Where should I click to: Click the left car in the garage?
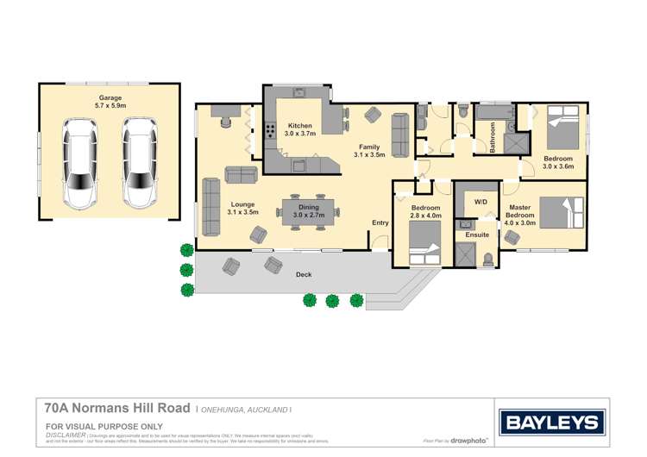pyautogui.click(x=79, y=164)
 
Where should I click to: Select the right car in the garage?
pyautogui.click(x=138, y=164)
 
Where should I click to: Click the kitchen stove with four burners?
pyautogui.click(x=271, y=131)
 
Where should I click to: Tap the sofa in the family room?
pyautogui.click(x=399, y=136)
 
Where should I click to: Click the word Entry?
pyautogui.click(x=380, y=222)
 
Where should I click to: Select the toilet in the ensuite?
pyautogui.click(x=489, y=256)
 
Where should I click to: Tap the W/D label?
pyautogui.click(x=480, y=203)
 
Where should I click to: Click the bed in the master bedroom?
pyautogui.click(x=562, y=213)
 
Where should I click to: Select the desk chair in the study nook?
pyautogui.click(x=227, y=122)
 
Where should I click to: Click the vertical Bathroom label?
pyautogui.click(x=493, y=138)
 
